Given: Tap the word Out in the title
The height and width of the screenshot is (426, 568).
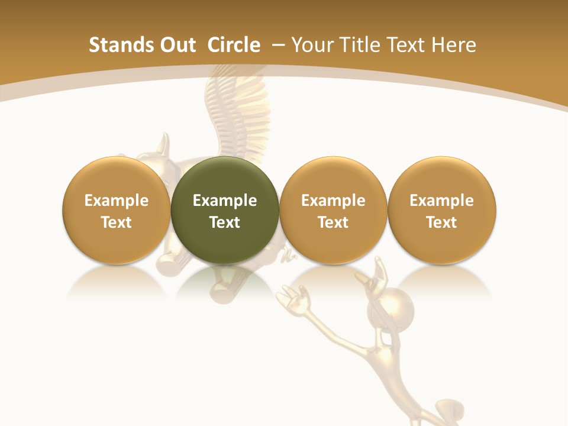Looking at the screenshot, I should point(176,45).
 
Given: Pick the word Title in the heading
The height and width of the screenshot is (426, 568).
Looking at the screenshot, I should point(355,45).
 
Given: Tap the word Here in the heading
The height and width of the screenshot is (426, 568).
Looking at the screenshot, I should point(454,45).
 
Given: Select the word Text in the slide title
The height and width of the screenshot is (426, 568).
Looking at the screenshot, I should point(404,45).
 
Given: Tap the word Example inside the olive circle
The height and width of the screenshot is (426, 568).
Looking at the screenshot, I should point(225,201).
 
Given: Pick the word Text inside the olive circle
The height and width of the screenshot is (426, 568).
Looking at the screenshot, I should point(225,222).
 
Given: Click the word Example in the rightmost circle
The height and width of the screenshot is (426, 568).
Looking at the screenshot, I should point(442,201).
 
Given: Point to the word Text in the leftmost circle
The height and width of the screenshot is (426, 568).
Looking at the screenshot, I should point(117,222).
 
